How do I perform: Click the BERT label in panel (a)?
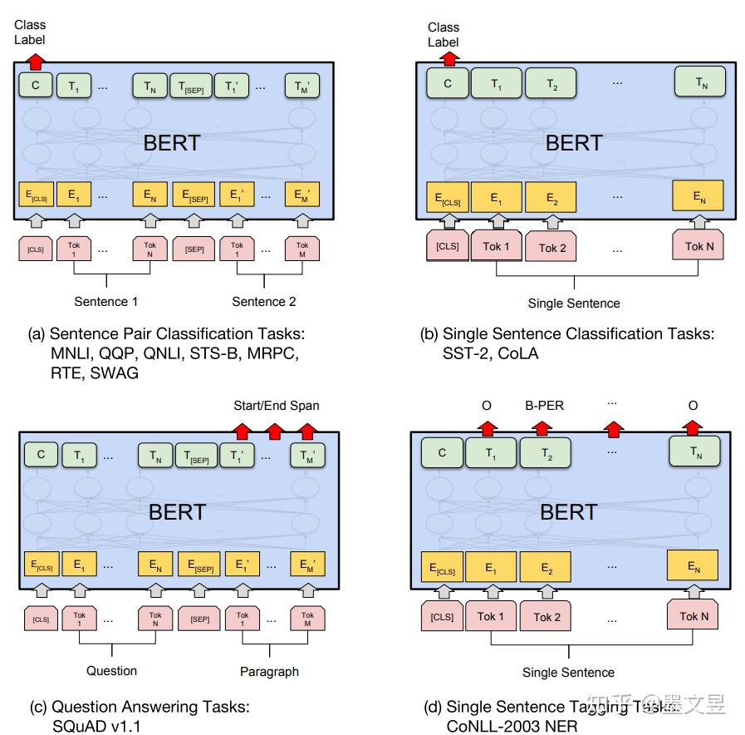(172, 142)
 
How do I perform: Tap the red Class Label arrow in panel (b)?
(448, 57)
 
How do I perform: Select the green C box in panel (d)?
(442, 453)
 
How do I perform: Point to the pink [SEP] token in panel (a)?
(194, 249)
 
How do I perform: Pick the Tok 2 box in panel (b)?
(552, 247)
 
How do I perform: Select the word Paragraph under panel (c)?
(269, 671)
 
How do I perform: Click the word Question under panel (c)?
(112, 670)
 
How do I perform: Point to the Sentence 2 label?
(263, 302)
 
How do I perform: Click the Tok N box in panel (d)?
(694, 616)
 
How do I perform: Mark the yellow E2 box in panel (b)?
(551, 198)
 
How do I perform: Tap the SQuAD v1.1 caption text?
(93, 726)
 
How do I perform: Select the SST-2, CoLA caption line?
(491, 353)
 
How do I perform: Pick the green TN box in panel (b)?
(700, 82)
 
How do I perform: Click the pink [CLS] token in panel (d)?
(442, 617)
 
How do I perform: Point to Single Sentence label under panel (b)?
(573, 303)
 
